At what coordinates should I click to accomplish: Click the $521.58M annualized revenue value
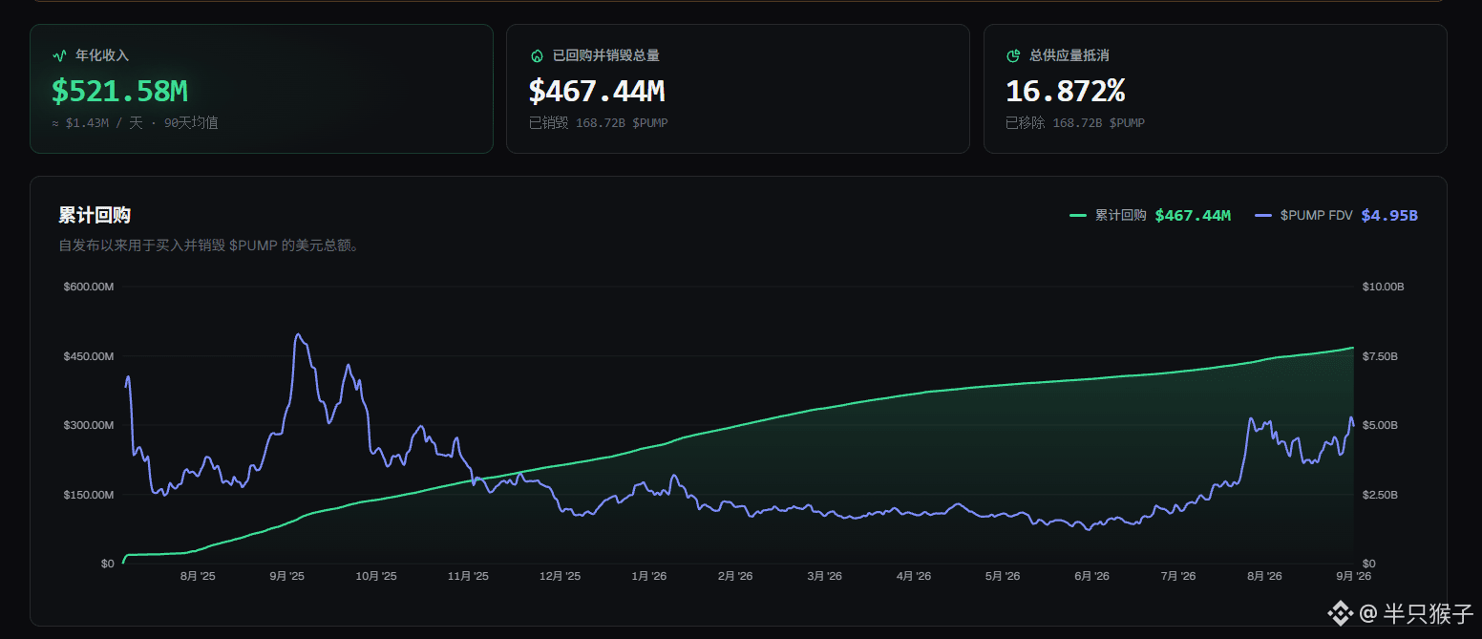pyautogui.click(x=119, y=92)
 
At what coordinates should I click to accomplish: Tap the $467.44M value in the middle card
pyautogui.click(x=597, y=92)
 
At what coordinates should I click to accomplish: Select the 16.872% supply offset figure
pyautogui.click(x=1066, y=92)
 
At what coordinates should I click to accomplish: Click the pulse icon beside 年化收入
pyautogui.click(x=59, y=55)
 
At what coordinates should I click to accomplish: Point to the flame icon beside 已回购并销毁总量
pyautogui.click(x=538, y=55)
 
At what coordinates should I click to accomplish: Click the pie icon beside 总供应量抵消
pyautogui.click(x=1013, y=55)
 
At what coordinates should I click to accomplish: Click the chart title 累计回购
pyautogui.click(x=95, y=215)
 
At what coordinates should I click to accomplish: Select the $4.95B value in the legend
pyautogui.click(x=1389, y=216)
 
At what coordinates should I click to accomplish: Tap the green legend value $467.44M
pyautogui.click(x=1193, y=216)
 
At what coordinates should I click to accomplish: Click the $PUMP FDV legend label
pyautogui.click(x=1316, y=215)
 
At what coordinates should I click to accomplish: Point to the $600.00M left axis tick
pyautogui.click(x=89, y=287)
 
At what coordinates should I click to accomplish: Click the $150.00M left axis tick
pyautogui.click(x=89, y=495)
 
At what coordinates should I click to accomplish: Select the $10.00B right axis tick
pyautogui.click(x=1383, y=287)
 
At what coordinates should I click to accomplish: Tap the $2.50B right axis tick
pyautogui.click(x=1380, y=495)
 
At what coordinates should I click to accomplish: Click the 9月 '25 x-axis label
pyautogui.click(x=287, y=576)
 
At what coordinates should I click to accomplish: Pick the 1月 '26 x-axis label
pyautogui.click(x=649, y=576)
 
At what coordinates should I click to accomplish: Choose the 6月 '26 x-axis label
pyautogui.click(x=1091, y=576)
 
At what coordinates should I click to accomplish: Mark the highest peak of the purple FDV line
pyautogui.click(x=298, y=334)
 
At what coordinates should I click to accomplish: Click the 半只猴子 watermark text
pyautogui.click(x=1428, y=614)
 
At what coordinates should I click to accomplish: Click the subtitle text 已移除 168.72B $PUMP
pyautogui.click(x=1075, y=123)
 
